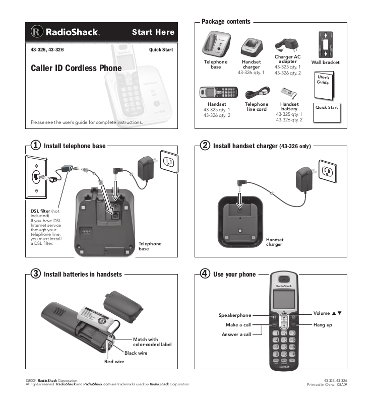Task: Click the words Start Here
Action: pyautogui.click(x=153, y=32)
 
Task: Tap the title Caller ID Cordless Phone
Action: pyautogui.click(x=76, y=68)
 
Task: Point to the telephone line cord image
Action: pyautogui.click(x=257, y=94)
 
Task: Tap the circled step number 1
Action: pyautogui.click(x=35, y=146)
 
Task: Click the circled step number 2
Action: pyautogui.click(x=205, y=146)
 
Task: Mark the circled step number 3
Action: pyautogui.click(x=35, y=275)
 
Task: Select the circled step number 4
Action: pyautogui.click(x=205, y=275)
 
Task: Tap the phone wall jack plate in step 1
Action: pyautogui.click(x=36, y=177)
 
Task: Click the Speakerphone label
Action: pyautogui.click(x=234, y=315)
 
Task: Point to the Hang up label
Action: pyautogui.click(x=323, y=325)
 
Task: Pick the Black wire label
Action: pyautogui.click(x=136, y=353)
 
